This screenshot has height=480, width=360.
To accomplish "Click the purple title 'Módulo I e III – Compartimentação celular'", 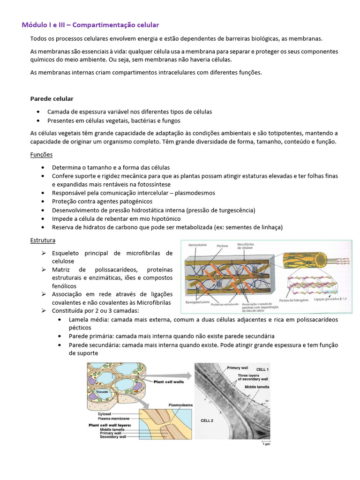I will tap(91, 24).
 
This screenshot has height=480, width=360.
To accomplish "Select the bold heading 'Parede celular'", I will tap(52, 99).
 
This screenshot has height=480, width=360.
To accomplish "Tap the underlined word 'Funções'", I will tap(41, 154).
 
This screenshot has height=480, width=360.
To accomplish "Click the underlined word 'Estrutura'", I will tap(43, 240).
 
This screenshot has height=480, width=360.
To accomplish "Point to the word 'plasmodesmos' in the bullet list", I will tap(195, 193).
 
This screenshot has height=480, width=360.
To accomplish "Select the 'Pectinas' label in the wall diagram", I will tap(223, 245).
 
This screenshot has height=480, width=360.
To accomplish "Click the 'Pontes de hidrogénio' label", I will tap(293, 300).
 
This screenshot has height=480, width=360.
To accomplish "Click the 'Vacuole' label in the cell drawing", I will tap(102, 391).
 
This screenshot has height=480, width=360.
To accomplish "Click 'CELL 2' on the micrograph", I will tap(206, 420).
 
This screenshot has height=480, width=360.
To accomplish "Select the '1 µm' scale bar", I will tap(265, 442).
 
